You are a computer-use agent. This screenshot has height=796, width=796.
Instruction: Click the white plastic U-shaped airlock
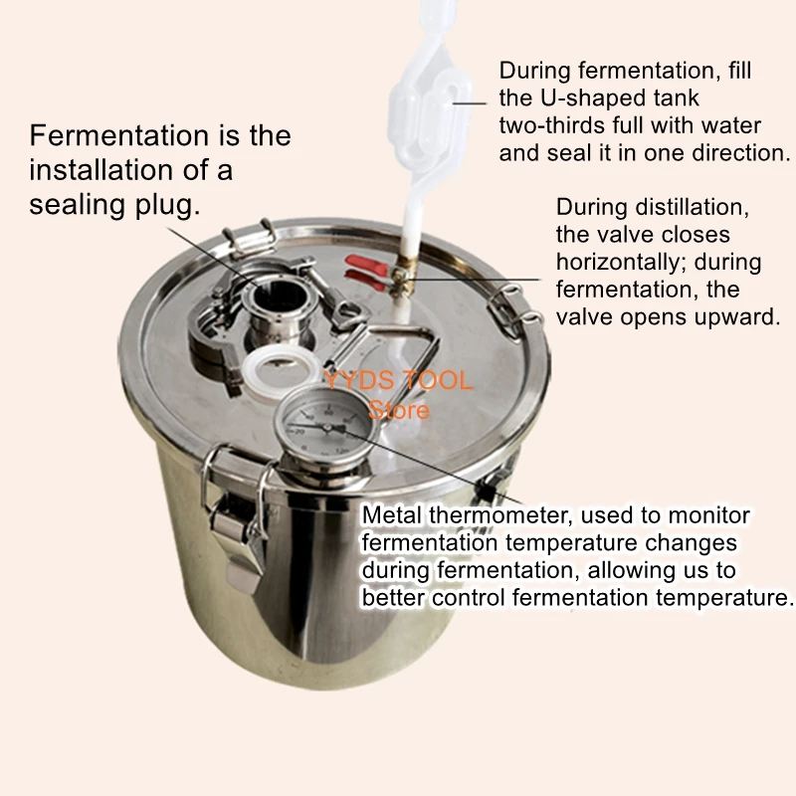(438, 109)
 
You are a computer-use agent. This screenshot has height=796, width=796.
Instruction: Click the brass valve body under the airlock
(399, 275)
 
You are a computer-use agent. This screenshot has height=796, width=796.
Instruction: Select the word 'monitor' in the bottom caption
(710, 515)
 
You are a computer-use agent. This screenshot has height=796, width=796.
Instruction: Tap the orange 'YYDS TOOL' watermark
(398, 381)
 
